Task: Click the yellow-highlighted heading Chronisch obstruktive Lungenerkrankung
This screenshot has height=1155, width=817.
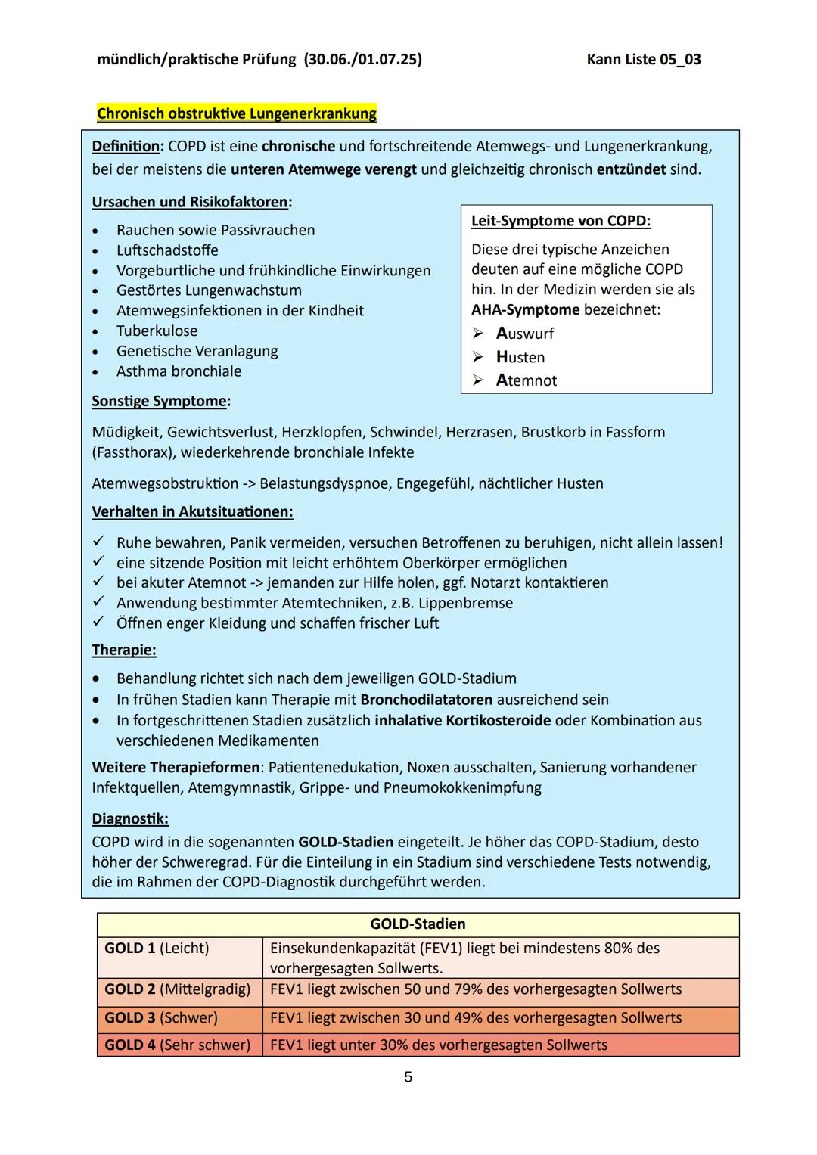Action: (x=236, y=114)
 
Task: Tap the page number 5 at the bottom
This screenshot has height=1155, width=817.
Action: (x=408, y=1076)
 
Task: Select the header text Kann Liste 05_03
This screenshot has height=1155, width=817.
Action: (x=643, y=60)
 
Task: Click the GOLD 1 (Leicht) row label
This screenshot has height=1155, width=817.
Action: (x=157, y=949)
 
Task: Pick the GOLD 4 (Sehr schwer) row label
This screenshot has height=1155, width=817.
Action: (x=177, y=1045)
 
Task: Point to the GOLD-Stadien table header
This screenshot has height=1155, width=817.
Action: (x=418, y=924)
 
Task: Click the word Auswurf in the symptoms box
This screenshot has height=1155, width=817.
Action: (x=525, y=334)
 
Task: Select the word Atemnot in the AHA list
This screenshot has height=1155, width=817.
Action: (x=527, y=380)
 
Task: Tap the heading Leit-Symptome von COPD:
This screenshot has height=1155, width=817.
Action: (x=561, y=221)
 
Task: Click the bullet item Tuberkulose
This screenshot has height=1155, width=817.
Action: (x=157, y=331)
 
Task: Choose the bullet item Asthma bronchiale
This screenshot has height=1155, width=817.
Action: (x=179, y=371)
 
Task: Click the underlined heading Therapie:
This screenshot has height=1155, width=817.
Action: (x=124, y=650)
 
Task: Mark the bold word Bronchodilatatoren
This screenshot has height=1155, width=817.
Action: (x=426, y=700)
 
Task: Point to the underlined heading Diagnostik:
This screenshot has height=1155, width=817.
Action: (x=130, y=818)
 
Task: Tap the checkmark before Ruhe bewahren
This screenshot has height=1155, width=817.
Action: (x=98, y=542)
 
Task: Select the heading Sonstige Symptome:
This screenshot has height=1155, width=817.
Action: (x=161, y=401)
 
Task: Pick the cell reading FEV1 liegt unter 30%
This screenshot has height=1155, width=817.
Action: (x=438, y=1045)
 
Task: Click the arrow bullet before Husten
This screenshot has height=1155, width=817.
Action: (x=477, y=357)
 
